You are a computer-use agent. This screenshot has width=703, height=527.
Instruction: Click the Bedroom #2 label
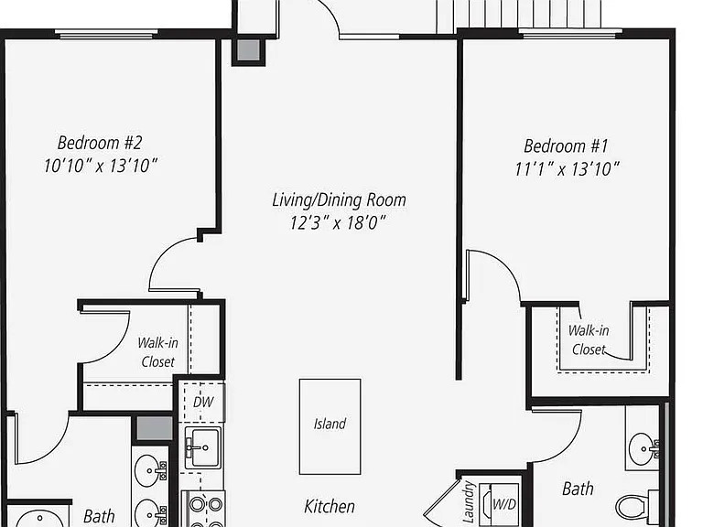[100, 143]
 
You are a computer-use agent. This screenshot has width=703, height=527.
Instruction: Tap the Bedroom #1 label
[566, 146]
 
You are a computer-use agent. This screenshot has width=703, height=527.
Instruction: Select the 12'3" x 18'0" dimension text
[338, 222]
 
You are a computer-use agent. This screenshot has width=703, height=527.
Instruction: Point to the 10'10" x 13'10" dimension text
[101, 166]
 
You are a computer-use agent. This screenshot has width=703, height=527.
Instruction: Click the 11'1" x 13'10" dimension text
[568, 169]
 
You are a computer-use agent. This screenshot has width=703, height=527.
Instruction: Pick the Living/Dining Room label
[339, 199]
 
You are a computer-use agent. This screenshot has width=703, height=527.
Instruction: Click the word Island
[330, 424]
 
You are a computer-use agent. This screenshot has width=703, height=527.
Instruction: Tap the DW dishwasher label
[203, 402]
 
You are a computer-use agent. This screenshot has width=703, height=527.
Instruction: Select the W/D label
[504, 505]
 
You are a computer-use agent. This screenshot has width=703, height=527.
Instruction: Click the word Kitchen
[330, 506]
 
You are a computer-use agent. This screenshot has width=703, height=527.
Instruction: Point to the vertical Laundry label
[468, 502]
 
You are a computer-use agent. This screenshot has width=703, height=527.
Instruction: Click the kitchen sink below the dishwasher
[202, 447]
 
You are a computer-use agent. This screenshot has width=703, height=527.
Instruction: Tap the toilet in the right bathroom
[637, 507]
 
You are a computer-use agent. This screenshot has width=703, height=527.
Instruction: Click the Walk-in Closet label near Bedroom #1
[589, 339]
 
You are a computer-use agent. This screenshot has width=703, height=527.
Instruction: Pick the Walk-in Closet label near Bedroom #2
[157, 352]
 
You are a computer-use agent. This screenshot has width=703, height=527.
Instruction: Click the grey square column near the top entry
[248, 50]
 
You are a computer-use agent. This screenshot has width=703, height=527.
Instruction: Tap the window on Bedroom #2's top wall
[107, 34]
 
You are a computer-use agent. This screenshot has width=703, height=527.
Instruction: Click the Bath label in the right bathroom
[578, 489]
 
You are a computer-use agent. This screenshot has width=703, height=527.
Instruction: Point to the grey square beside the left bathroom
[154, 428]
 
